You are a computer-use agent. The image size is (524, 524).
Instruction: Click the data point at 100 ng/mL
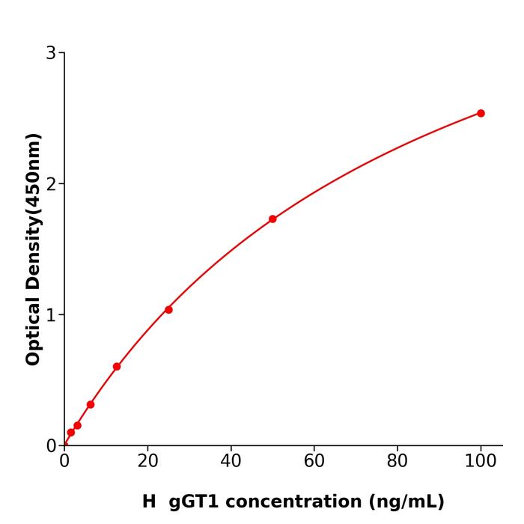pyautogui.click(x=481, y=113)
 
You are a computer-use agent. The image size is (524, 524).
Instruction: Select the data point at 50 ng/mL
pyautogui.click(x=272, y=219)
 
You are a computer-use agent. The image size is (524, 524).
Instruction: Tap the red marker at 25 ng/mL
pyautogui.click(x=168, y=310)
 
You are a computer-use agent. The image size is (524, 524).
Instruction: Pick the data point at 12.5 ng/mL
pyautogui.click(x=117, y=367)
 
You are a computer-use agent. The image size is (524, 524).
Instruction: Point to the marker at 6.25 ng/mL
pyautogui.click(x=91, y=404)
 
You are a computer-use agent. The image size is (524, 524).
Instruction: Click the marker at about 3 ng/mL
pyautogui.click(x=77, y=425)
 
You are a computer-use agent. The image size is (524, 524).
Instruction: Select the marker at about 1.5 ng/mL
pyautogui.click(x=71, y=432)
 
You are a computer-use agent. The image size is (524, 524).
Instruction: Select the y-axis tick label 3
pyautogui.click(x=51, y=53)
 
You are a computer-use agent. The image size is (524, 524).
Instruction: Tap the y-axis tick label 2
pyautogui.click(x=51, y=184)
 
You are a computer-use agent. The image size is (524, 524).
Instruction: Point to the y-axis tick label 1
pyautogui.click(x=51, y=315)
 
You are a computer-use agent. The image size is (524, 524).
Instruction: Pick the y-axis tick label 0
pyautogui.click(x=51, y=446)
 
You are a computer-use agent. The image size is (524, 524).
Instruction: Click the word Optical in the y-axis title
pyautogui.click(x=33, y=329)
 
